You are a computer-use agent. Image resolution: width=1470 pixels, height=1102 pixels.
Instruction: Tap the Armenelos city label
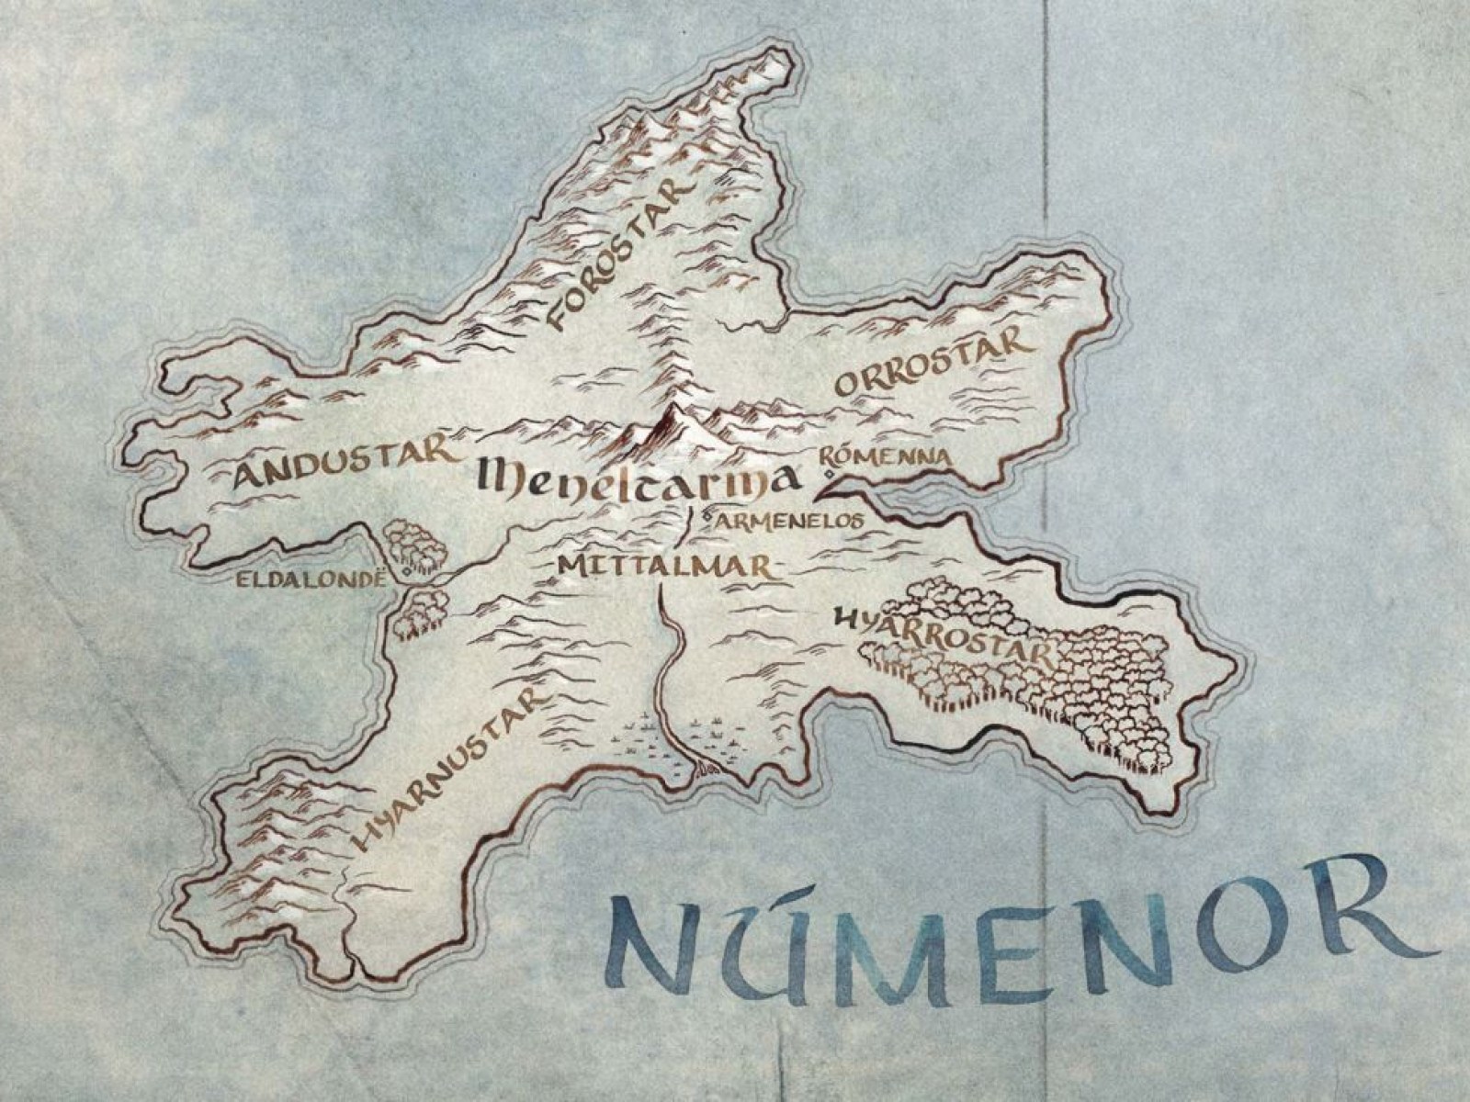(x=790, y=520)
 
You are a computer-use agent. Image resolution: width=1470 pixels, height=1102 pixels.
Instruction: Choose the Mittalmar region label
(x=661, y=564)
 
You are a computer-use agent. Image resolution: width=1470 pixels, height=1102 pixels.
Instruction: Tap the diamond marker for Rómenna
(x=828, y=474)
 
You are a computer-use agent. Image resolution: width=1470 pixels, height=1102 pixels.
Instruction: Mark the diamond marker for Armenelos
(x=706, y=517)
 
